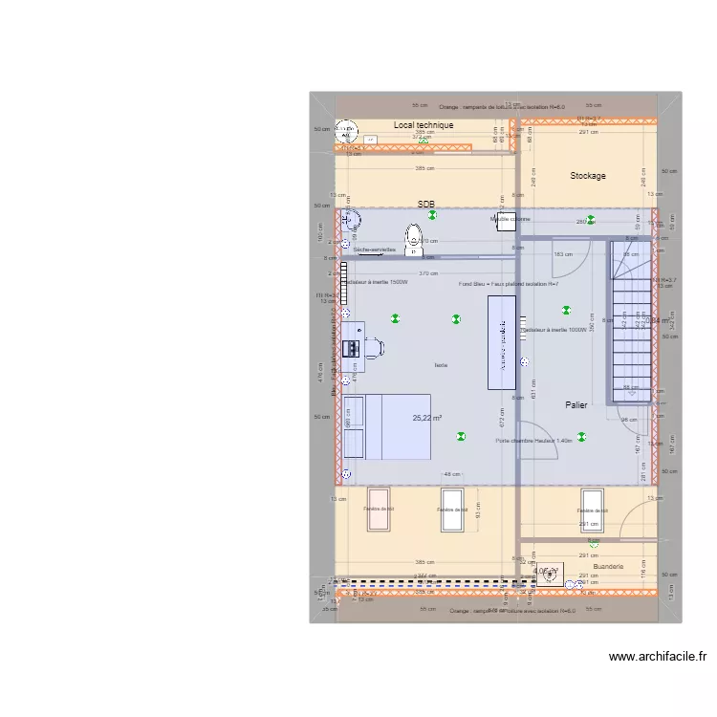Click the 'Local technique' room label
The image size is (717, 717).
(x=424, y=125)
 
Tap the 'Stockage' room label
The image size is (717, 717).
(x=588, y=176)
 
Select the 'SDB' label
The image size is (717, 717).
(x=425, y=205)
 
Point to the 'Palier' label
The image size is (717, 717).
(x=576, y=404)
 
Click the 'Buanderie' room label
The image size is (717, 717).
(x=608, y=566)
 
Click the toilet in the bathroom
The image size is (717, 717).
(x=413, y=239)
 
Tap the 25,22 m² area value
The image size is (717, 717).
(x=426, y=418)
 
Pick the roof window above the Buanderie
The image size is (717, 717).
(x=593, y=511)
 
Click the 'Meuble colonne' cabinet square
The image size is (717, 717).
(x=502, y=219)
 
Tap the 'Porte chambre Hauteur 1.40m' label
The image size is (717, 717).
(x=533, y=441)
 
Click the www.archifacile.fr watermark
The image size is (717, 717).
(x=658, y=657)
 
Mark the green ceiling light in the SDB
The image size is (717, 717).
(x=433, y=215)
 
